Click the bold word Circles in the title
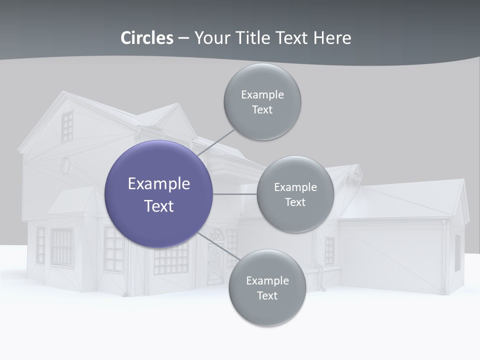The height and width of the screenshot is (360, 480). point(147,38)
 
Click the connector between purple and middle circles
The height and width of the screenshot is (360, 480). point(235,194)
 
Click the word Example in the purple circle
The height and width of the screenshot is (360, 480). point(159,184)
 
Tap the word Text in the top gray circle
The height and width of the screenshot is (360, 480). point(262,110)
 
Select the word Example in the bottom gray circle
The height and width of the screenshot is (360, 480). point(267,280)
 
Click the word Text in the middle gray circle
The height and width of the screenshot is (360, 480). point(295,202)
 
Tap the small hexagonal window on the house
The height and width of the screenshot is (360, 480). point(65,163)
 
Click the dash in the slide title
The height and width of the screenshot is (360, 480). point(183,38)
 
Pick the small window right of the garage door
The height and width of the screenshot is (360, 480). point(457,252)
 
